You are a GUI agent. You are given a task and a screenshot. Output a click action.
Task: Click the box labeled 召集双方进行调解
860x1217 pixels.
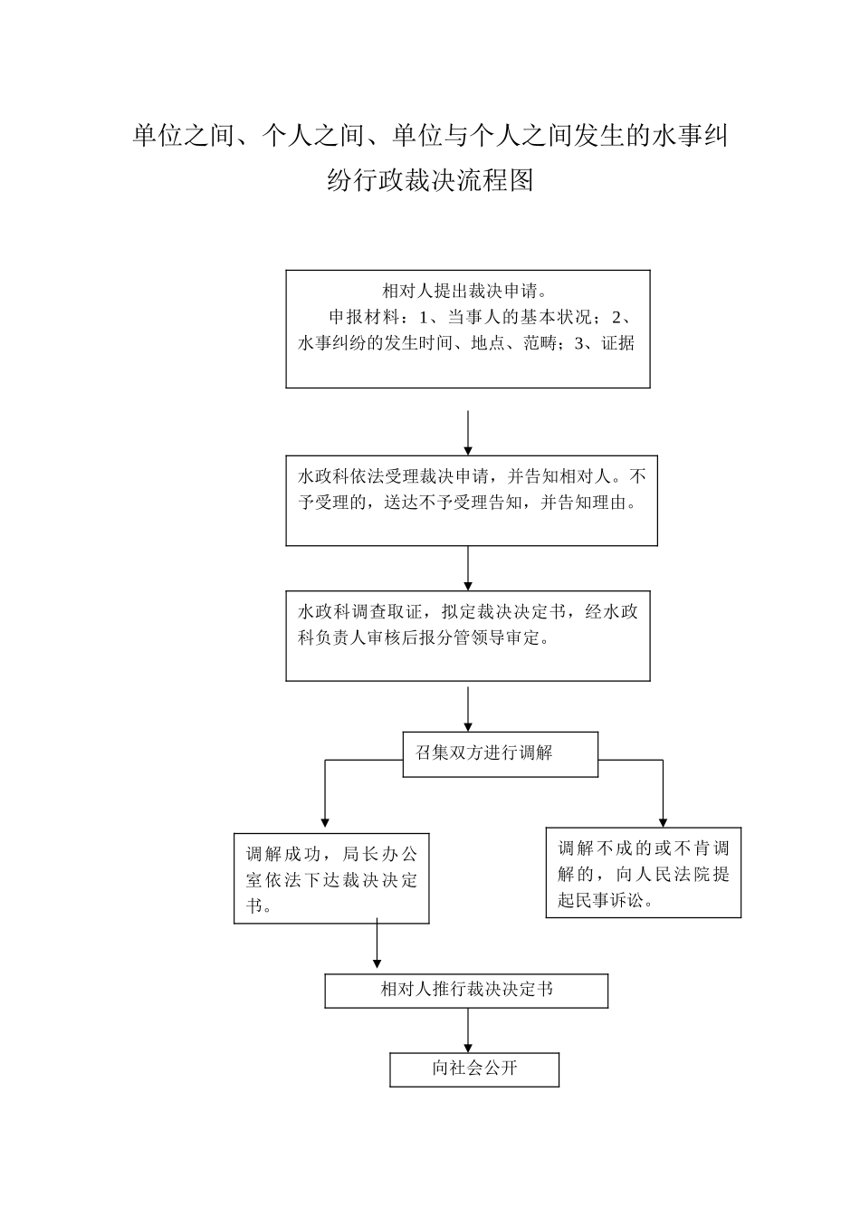[500, 753]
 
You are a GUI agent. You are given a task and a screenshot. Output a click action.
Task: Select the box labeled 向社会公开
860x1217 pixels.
[474, 1068]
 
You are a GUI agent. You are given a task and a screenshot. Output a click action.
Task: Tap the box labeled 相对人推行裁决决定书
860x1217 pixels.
[466, 991]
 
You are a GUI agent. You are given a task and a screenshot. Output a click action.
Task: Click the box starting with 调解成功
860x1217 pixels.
[331, 878]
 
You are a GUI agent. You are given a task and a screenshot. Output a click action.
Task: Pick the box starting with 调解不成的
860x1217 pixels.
[643, 873]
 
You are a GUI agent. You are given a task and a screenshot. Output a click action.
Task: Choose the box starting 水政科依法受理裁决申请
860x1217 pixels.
[471, 500]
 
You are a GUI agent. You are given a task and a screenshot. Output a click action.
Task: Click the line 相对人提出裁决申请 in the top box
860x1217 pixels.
[464, 292]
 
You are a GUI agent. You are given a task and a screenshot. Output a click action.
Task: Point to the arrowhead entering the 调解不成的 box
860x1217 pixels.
[663, 819]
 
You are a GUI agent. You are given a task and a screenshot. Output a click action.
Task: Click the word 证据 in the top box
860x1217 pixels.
[618, 343]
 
